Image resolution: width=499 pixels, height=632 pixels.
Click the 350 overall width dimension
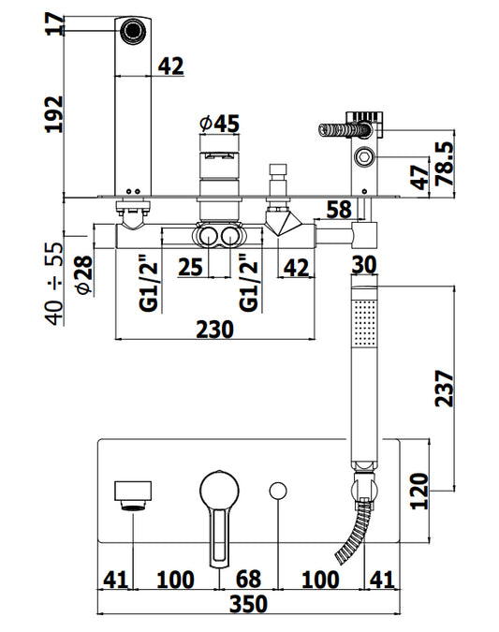pyautogui.click(x=248, y=603)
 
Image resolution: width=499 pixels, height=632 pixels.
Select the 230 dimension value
pyautogui.click(x=214, y=330)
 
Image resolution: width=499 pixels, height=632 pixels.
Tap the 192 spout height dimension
pyautogui.click(x=54, y=114)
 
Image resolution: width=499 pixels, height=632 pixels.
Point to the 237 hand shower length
pyautogui.click(x=445, y=389)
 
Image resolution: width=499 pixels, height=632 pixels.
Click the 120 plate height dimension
pyautogui.click(x=419, y=492)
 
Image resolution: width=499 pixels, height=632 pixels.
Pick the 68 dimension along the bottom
pyautogui.click(x=248, y=580)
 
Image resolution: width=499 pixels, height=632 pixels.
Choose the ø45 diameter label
pyautogui.click(x=220, y=124)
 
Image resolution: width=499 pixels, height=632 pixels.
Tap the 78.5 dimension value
pyautogui.click(x=445, y=163)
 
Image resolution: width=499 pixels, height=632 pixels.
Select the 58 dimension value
pyautogui.click(x=339, y=210)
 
